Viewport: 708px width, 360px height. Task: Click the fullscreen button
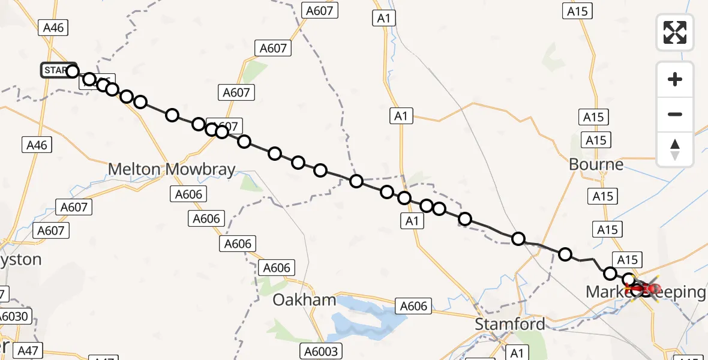(675, 32)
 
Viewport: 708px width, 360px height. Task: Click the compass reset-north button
(675, 149)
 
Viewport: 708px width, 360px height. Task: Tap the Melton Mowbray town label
(172, 170)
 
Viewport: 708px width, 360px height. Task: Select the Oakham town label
(304, 300)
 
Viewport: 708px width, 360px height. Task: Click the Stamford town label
(510, 325)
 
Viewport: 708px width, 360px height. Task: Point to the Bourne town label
(596, 164)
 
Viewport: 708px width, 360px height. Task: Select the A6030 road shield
(15, 316)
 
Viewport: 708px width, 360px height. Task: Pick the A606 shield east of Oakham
(413, 306)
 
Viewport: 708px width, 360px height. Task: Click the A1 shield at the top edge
(384, 18)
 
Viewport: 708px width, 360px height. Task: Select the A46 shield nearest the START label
(53, 27)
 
